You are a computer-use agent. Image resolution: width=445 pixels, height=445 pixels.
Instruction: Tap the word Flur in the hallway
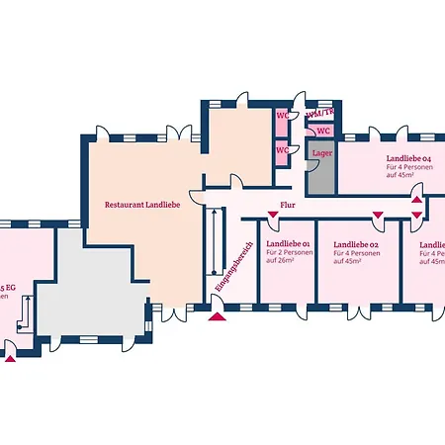pyautogui.click(x=288, y=206)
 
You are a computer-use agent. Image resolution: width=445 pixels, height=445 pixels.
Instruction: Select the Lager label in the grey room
pyautogui.click(x=321, y=153)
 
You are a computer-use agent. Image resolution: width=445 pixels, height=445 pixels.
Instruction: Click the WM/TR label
pyautogui.click(x=318, y=114)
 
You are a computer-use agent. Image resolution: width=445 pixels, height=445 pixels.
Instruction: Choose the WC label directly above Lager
pyautogui.click(x=323, y=131)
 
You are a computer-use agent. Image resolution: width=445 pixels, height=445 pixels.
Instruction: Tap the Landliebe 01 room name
pyautogui.click(x=288, y=243)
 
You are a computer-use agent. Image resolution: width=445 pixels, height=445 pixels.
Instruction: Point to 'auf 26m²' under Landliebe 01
pyautogui.click(x=282, y=261)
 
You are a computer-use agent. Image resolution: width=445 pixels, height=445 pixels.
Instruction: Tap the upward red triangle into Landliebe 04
pyautogui.click(x=417, y=201)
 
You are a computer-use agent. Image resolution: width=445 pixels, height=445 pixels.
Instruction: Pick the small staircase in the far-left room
pyautogui.click(x=29, y=314)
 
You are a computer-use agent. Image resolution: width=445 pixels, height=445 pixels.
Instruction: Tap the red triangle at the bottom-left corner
pyautogui.click(x=11, y=358)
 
